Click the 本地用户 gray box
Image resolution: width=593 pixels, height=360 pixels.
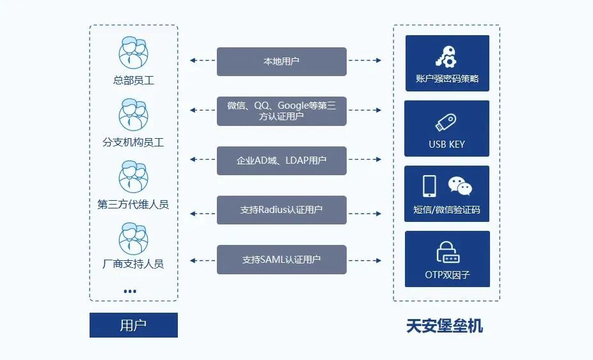click(281, 61)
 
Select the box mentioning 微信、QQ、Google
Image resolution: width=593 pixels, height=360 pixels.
click(281, 111)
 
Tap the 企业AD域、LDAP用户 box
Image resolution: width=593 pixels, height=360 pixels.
click(281, 160)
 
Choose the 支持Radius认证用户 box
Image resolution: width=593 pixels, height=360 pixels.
click(281, 210)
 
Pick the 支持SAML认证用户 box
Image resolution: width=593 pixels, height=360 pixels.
click(281, 260)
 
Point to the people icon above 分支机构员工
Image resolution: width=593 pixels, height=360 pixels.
click(133, 114)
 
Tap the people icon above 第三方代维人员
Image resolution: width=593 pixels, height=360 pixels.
click(133, 176)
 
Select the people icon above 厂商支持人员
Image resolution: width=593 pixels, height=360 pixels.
click(133, 238)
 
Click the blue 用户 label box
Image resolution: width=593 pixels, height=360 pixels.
click(133, 325)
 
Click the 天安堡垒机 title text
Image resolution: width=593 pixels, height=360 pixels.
click(445, 326)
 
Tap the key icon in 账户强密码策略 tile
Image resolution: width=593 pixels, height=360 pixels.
click(447, 56)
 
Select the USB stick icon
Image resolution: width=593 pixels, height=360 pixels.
click(446, 122)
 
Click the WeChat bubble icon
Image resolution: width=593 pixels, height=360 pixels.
click(460, 186)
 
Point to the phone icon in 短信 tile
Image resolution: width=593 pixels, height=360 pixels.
click(429, 186)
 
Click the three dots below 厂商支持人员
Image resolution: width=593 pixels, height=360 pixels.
click(130, 291)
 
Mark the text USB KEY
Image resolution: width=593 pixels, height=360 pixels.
click(447, 145)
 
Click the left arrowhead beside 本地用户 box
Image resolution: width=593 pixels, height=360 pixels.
click(193, 61)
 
